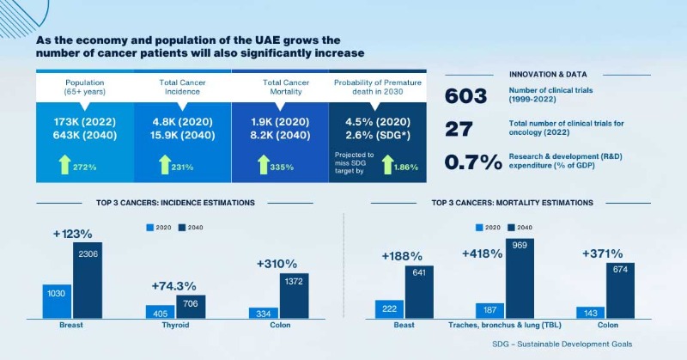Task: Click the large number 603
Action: pos(466,96)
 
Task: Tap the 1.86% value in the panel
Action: pos(406,167)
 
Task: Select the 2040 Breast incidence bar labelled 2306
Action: pos(87,280)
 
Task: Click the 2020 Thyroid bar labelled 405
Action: pos(160,312)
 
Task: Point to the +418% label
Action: pos(482,253)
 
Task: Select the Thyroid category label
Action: pos(175,326)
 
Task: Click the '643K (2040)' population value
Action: pos(85,134)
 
